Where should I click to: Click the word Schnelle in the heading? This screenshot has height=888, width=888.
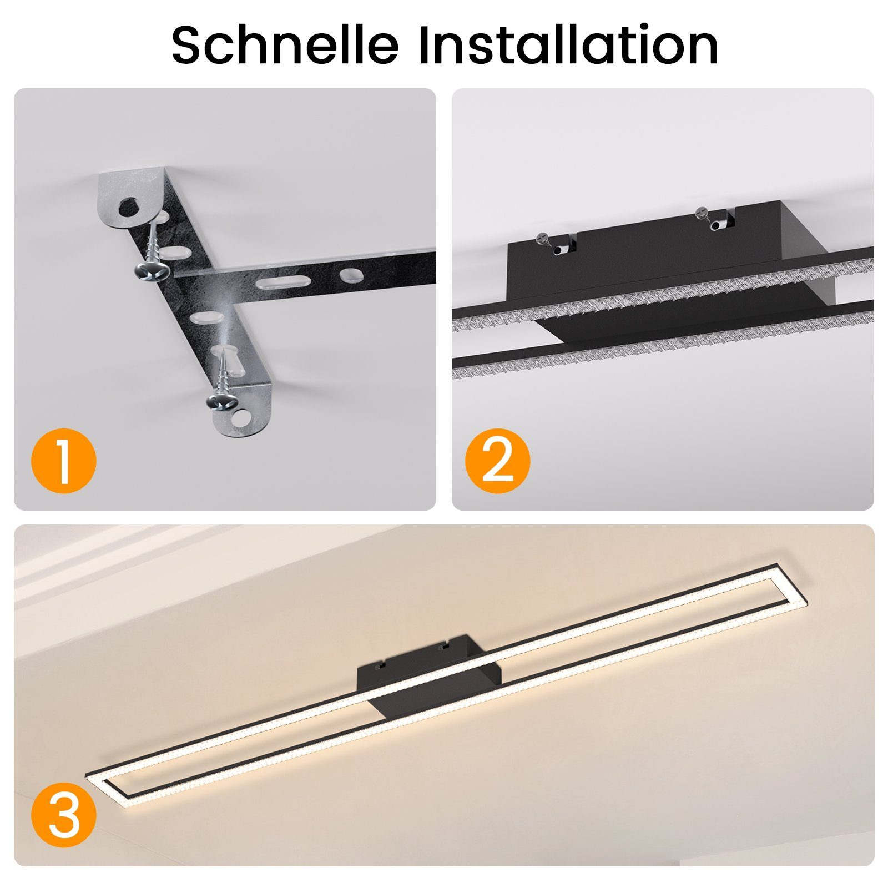tap(285, 44)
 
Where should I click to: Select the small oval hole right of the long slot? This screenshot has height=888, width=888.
tap(350, 275)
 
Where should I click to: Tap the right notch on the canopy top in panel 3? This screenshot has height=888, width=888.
tap(442, 645)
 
